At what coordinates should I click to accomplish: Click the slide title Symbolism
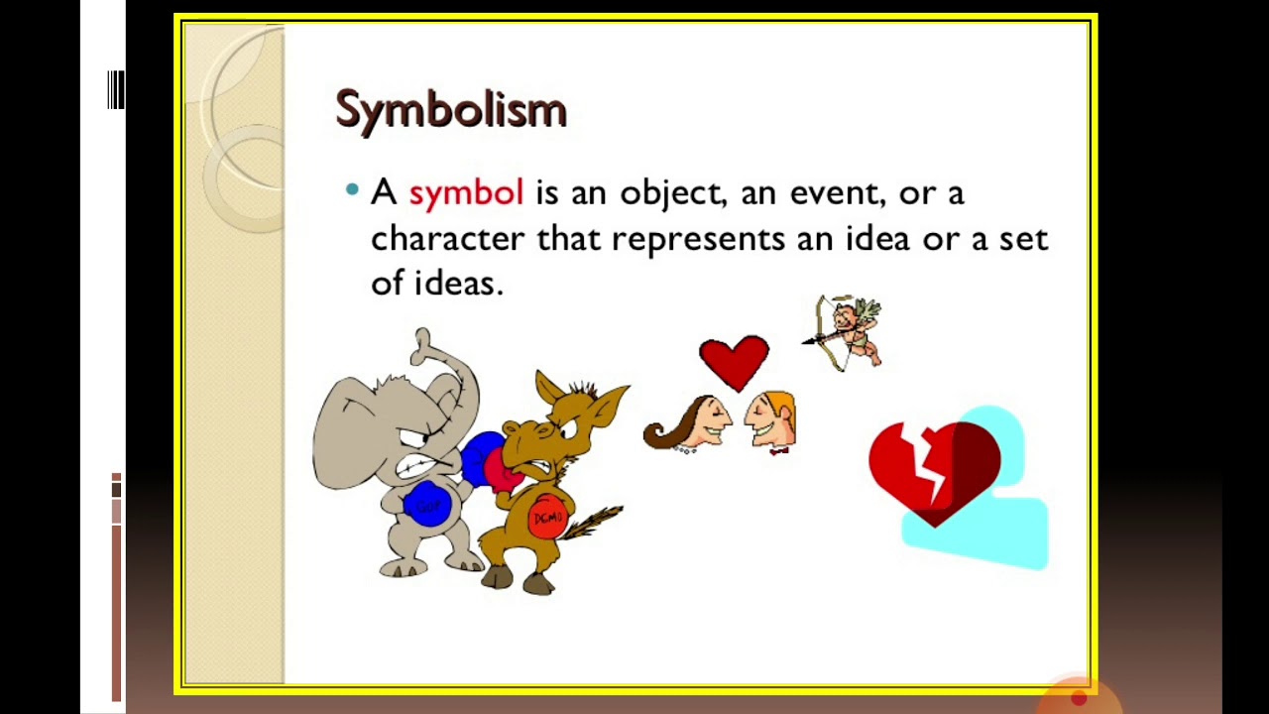(451, 109)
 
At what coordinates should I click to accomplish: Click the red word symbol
(465, 192)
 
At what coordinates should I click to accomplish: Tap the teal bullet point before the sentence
(352, 189)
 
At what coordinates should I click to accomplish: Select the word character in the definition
(447, 239)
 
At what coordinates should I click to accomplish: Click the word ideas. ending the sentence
(458, 284)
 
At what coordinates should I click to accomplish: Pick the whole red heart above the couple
(734, 360)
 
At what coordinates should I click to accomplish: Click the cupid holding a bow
(849, 331)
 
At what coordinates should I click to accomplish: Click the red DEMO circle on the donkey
(547, 518)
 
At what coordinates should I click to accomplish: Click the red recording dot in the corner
(1079, 698)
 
